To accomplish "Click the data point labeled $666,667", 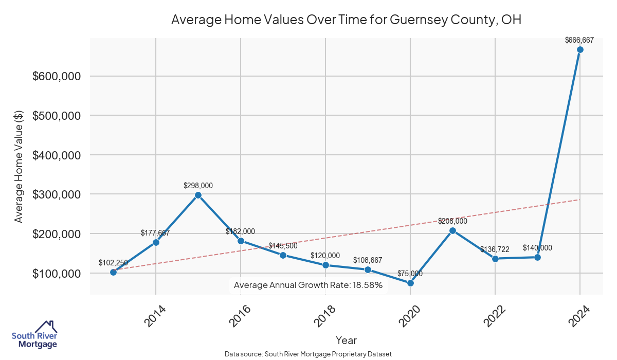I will (580, 50).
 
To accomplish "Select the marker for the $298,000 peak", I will (198, 195).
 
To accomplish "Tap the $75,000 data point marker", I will (410, 283).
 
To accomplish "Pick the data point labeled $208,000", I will (452, 230).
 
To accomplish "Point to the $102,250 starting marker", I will (113, 272).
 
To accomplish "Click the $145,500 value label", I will (283, 246).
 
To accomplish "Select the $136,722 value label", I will (495, 249).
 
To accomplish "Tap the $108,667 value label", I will (368, 260).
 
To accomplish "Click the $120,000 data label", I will (325, 256).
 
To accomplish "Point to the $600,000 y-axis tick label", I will (56, 76).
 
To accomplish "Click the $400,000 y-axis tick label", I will (56, 155).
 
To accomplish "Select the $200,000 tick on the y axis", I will (56, 234).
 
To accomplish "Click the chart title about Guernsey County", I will (346, 20).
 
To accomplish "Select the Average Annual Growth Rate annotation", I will (308, 285).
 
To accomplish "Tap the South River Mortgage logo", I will (34, 335).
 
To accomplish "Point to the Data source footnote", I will (308, 354).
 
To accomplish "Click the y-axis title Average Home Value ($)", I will (19, 166).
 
